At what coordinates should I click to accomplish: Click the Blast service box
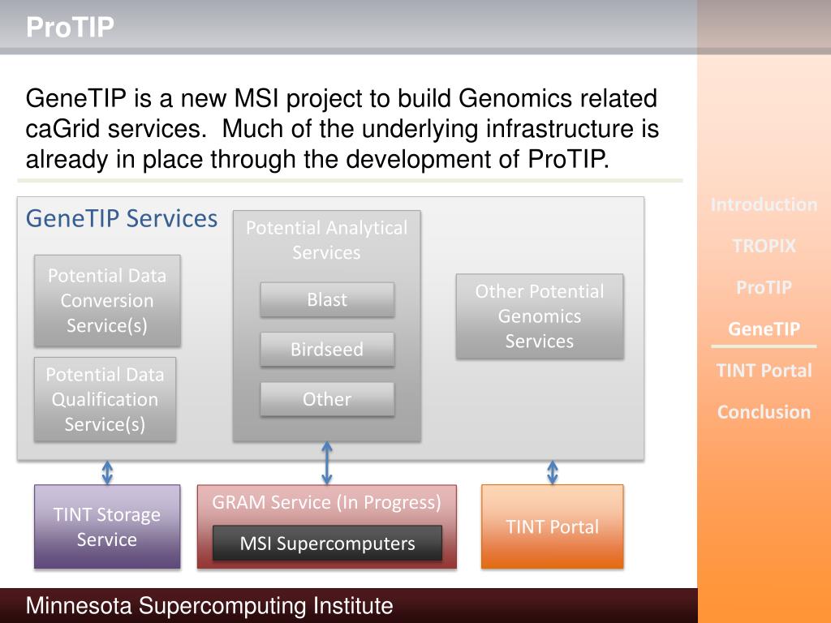(x=327, y=299)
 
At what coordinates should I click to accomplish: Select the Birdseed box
(x=327, y=350)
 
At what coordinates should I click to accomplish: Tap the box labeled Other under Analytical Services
(x=327, y=399)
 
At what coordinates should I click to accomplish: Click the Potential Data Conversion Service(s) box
(x=106, y=300)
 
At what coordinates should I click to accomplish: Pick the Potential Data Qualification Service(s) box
(x=105, y=399)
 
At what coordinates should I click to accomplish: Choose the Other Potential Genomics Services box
(x=540, y=316)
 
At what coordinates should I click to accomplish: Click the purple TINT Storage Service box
(x=107, y=526)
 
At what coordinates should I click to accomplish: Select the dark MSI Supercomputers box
(x=327, y=543)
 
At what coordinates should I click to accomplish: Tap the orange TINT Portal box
(x=553, y=526)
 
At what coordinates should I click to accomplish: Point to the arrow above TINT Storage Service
(x=107, y=472)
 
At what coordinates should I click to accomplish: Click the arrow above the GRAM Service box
(x=327, y=463)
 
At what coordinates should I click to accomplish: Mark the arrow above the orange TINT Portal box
(x=553, y=472)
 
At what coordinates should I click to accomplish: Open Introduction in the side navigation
(x=764, y=204)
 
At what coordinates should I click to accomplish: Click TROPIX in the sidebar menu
(x=764, y=246)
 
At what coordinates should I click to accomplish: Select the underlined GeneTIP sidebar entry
(x=764, y=329)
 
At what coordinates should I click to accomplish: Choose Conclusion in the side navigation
(x=764, y=411)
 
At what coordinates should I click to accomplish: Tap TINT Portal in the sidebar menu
(x=764, y=370)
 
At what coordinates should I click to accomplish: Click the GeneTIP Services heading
(x=122, y=218)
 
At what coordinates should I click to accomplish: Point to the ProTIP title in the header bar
(x=70, y=28)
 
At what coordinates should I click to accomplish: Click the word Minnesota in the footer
(x=79, y=606)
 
